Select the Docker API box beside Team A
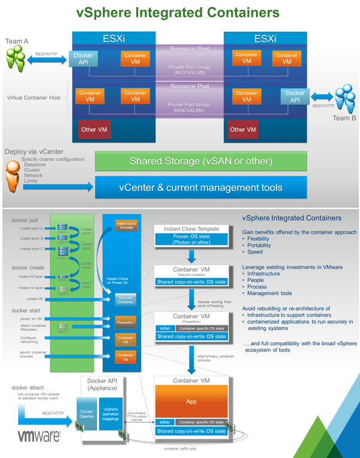click(83, 59)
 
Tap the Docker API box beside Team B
click(295, 97)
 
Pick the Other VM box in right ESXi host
click(243, 129)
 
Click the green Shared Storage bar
click(201, 161)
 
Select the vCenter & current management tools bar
click(201, 188)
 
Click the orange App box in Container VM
click(191, 400)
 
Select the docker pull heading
click(25, 220)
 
